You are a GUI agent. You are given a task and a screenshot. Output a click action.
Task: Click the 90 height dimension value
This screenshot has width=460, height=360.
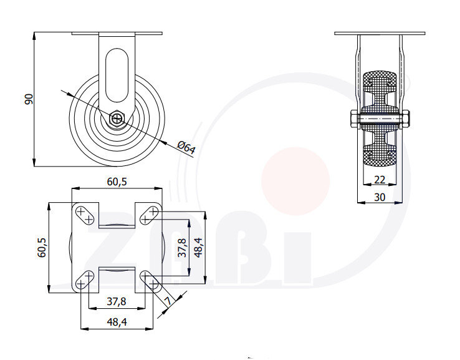[x=27, y=99]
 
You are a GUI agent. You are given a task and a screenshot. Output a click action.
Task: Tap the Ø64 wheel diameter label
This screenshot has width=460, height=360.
[x=186, y=148]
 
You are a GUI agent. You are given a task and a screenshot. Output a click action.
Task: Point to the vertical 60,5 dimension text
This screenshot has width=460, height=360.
[x=42, y=247]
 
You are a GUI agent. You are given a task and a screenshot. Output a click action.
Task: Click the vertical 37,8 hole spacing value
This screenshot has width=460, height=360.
[x=181, y=248]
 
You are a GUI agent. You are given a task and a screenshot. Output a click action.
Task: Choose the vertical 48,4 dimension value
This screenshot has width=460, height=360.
[x=199, y=248]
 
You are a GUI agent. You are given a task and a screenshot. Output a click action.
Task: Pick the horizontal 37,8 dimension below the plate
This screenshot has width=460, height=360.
[x=117, y=301]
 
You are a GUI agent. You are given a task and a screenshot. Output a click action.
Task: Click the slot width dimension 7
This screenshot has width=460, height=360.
[x=168, y=302]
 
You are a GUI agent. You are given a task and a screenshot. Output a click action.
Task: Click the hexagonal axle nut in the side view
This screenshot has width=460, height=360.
[x=117, y=118]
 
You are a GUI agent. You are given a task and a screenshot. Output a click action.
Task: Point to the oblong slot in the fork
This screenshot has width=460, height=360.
[x=117, y=75]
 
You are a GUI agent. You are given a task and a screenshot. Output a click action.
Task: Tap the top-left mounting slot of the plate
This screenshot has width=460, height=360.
[x=85, y=215]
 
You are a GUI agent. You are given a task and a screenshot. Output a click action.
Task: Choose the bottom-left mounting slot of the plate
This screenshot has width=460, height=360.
[x=85, y=279]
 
